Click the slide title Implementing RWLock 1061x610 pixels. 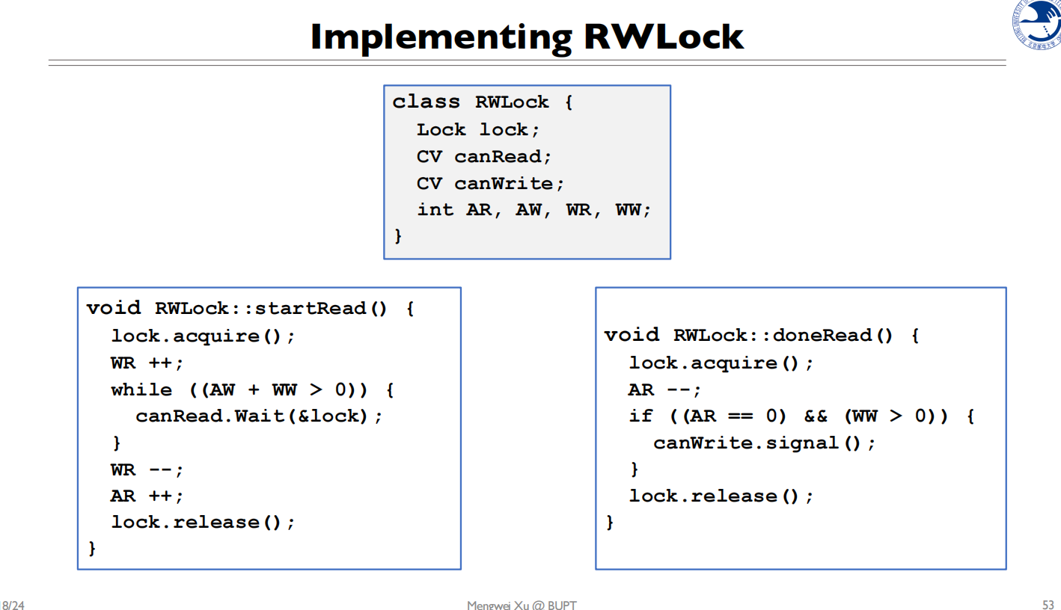(527, 36)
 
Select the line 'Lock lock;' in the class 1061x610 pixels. (478, 129)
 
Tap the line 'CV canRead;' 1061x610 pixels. (484, 156)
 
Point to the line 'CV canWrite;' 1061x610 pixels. (491, 183)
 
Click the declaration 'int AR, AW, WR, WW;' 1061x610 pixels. (534, 210)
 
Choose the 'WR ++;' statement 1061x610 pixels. (147, 363)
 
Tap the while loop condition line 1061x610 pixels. (252, 389)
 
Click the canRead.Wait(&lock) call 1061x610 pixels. (259, 416)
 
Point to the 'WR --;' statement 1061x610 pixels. (147, 469)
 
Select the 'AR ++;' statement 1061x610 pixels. (147, 496)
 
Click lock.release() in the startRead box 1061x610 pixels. (203, 523)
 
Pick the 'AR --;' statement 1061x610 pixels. (664, 389)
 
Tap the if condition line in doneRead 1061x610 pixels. (801, 416)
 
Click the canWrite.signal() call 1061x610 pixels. (764, 443)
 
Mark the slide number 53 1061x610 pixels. (1048, 604)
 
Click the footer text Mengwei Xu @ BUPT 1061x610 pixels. (522, 605)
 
